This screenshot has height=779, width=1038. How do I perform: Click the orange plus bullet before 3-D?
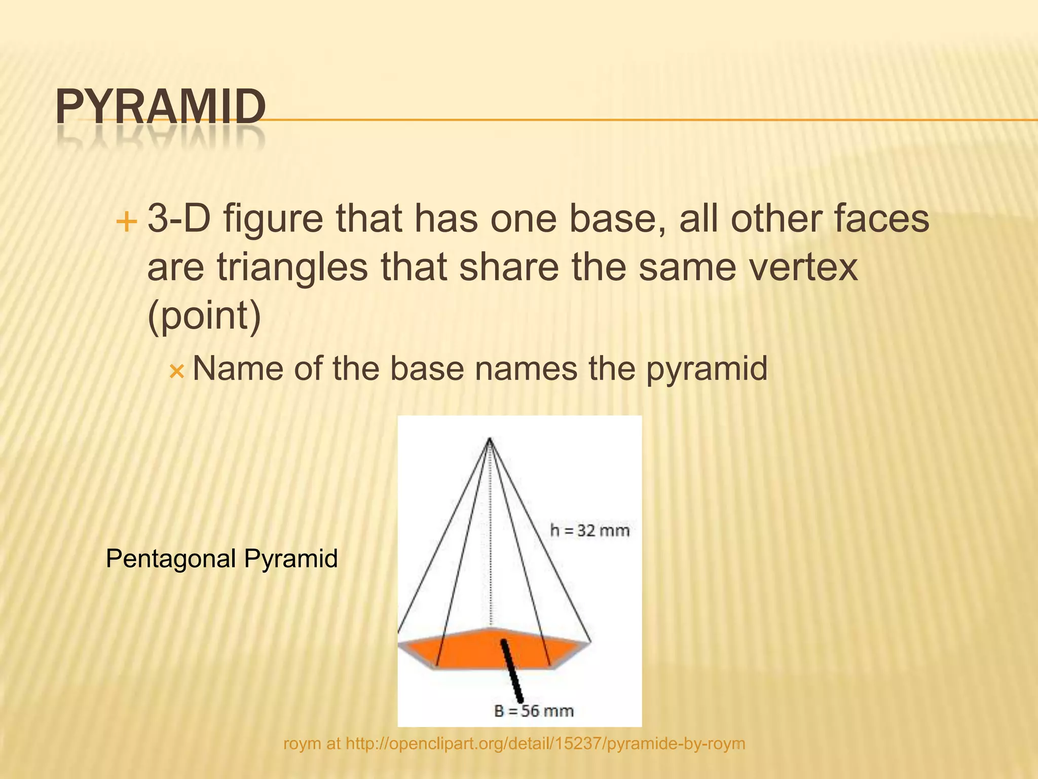click(126, 222)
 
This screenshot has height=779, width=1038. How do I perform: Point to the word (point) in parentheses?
click(204, 315)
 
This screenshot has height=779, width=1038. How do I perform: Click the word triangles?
click(292, 268)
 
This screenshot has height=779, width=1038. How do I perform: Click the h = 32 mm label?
click(589, 530)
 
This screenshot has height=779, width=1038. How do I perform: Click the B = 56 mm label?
click(534, 711)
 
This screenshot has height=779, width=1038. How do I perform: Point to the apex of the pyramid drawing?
click(490, 438)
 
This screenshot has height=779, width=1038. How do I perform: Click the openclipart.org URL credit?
click(545, 743)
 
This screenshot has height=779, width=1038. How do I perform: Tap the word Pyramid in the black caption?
click(291, 559)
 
